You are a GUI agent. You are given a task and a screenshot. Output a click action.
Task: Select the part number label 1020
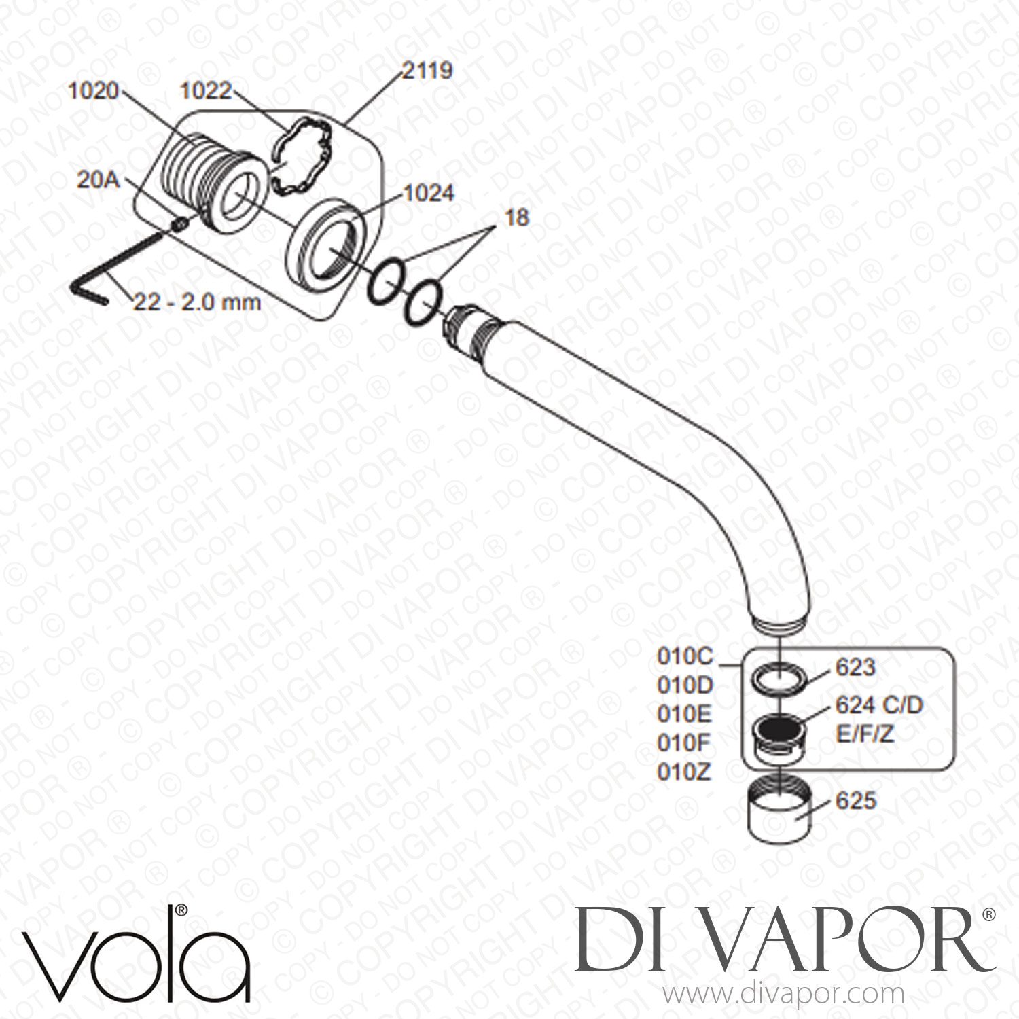(x=93, y=91)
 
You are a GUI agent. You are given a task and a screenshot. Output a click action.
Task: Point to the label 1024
(x=427, y=194)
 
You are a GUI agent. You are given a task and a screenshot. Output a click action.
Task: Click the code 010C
(x=685, y=657)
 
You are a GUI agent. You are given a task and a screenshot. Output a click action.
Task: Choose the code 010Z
(x=685, y=772)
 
